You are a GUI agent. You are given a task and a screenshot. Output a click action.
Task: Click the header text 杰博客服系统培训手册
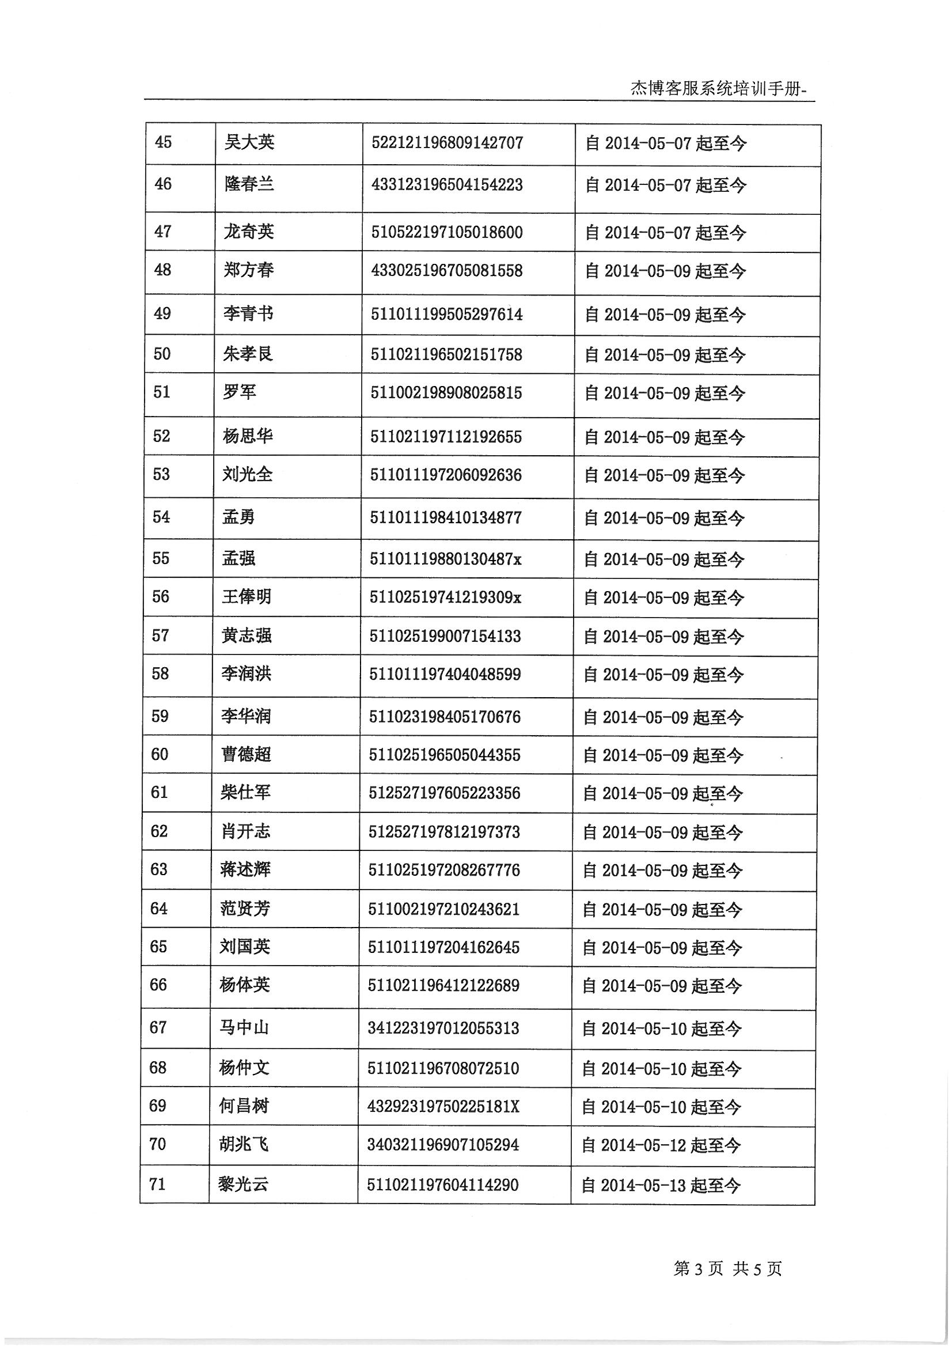[x=719, y=88]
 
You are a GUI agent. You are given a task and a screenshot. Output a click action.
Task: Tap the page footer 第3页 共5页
[x=727, y=1269]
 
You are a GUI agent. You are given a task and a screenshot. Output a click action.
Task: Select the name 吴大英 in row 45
[x=249, y=142]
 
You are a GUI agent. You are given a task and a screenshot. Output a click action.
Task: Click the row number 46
[x=163, y=184]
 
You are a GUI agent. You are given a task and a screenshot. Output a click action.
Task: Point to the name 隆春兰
[x=249, y=184]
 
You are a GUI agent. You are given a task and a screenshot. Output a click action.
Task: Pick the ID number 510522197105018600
[x=447, y=232]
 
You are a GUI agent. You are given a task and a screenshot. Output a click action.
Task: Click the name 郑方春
[x=249, y=270]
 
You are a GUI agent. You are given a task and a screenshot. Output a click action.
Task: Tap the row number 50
[x=162, y=354]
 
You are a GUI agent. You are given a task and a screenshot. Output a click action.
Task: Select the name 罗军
[x=240, y=392]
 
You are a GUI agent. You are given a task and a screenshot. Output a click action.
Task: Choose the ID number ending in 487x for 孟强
[x=445, y=558]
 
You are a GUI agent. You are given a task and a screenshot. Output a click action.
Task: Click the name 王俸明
[x=246, y=597]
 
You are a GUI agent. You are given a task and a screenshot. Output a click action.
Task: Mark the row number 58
[x=160, y=673]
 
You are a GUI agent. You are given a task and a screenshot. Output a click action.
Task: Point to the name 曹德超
[x=246, y=754]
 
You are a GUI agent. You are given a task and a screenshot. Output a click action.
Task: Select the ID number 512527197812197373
[x=444, y=832]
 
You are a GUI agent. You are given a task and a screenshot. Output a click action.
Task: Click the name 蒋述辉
[x=246, y=869]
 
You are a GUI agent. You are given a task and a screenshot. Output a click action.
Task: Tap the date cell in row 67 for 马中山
[x=662, y=1028]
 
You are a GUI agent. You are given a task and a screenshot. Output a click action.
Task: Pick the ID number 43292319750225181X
[x=443, y=1106]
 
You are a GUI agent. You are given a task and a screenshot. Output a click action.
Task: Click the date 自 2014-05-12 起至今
[x=661, y=1145]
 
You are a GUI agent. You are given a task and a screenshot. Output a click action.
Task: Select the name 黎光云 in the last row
[x=244, y=1185]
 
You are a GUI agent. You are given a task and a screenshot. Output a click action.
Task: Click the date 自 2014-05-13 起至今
[x=661, y=1186]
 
